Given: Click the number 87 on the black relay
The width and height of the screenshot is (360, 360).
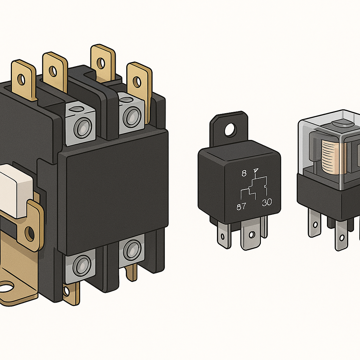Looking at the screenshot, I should [241, 206].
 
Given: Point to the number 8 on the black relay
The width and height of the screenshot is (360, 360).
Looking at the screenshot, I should [244, 173].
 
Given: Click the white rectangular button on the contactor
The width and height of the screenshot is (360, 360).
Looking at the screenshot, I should [16, 190].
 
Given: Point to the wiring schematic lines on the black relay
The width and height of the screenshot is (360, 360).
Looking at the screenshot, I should [254, 188].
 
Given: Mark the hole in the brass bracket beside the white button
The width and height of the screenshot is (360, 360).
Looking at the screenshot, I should [30, 234].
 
